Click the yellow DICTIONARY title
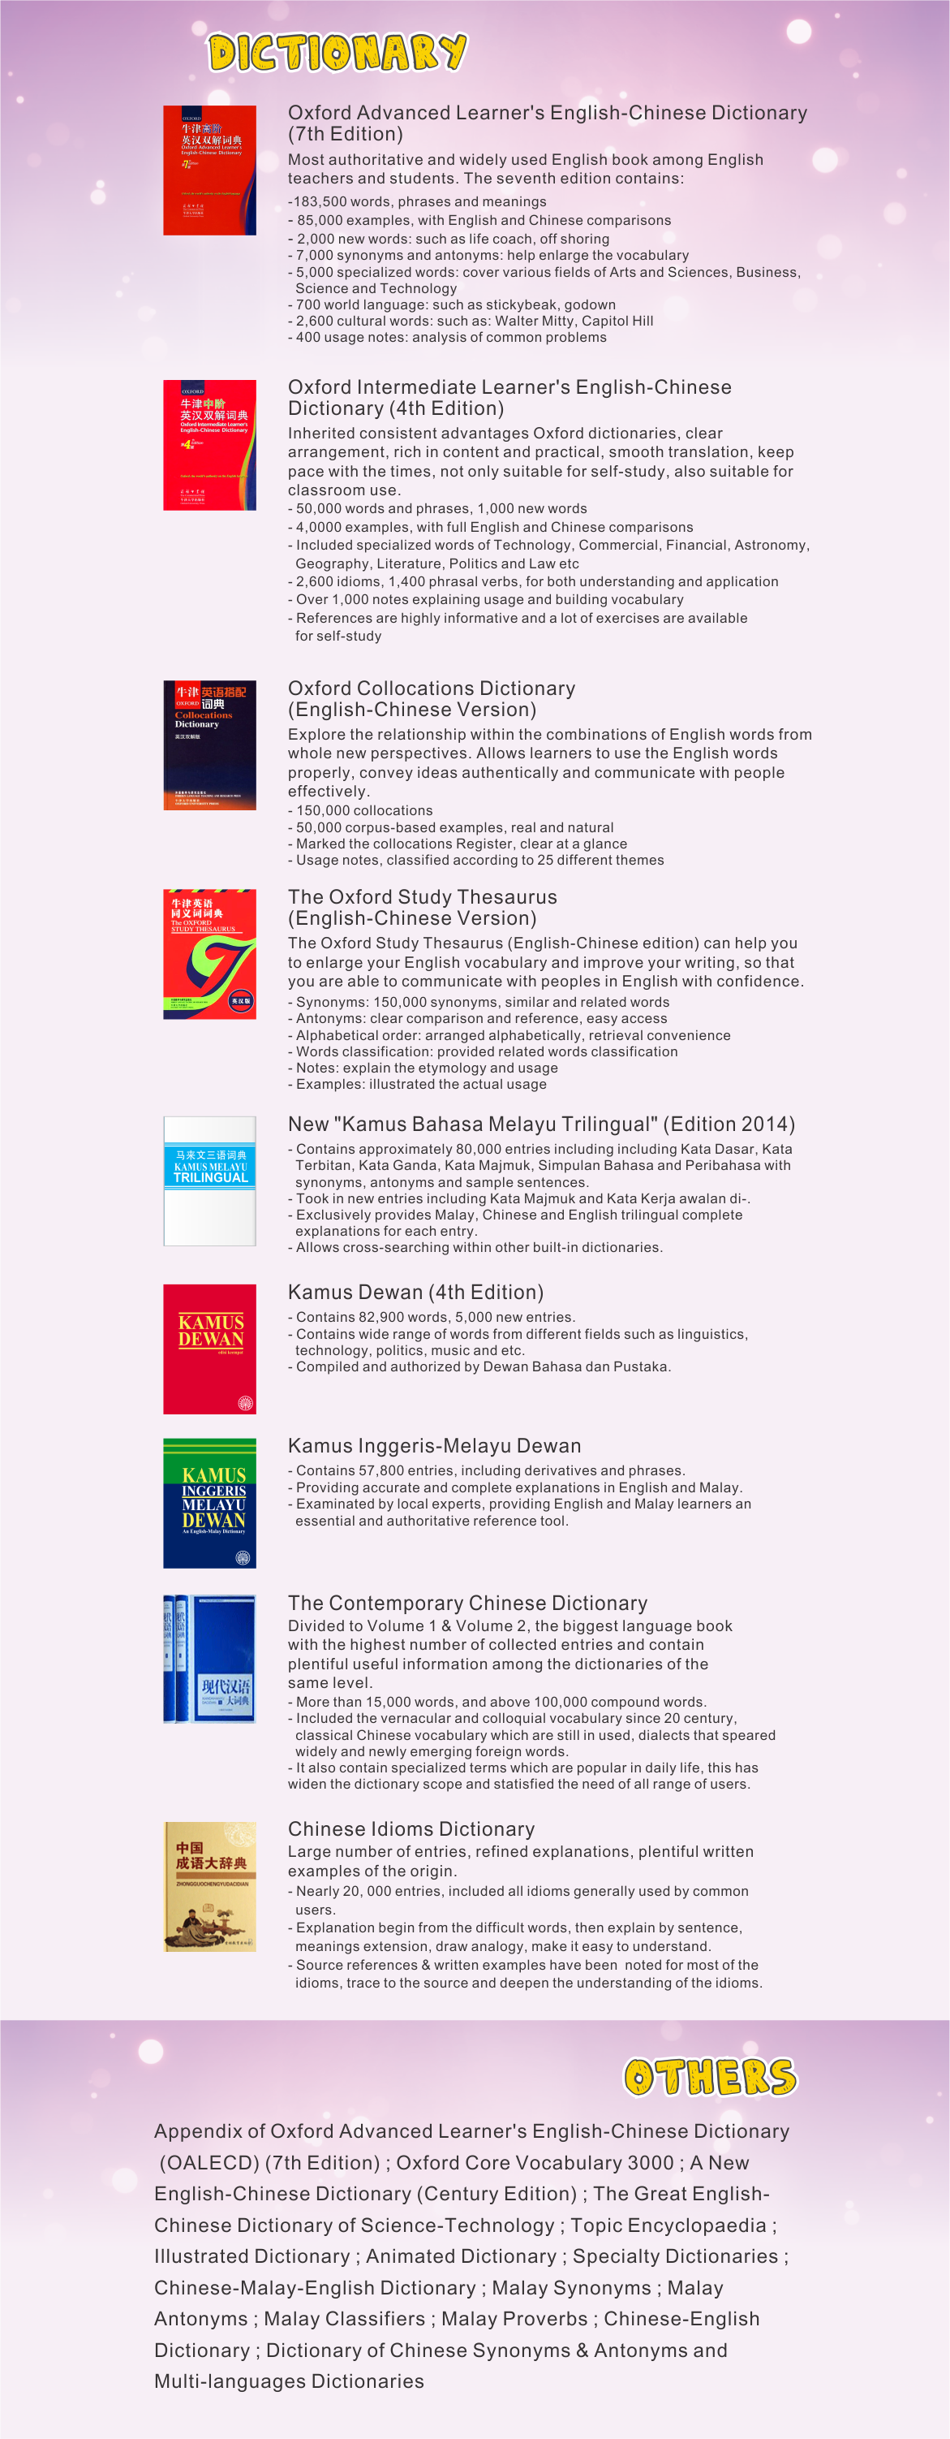337,52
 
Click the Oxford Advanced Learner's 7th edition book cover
209,171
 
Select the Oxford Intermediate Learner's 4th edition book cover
209,445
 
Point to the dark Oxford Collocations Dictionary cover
209,745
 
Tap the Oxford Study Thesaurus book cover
209,953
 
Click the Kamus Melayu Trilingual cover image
209,1181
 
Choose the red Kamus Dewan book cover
209,1349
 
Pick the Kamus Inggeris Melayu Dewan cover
209,1503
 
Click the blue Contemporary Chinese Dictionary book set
209,1659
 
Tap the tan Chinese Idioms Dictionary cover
209,1887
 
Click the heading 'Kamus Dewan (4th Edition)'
415,1293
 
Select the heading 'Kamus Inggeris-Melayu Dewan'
434,1446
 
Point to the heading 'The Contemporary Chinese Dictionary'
467,1603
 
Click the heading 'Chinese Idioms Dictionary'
411,1829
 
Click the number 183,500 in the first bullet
319,201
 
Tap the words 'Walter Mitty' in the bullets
537,321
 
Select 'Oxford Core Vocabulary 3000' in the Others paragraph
535,2162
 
